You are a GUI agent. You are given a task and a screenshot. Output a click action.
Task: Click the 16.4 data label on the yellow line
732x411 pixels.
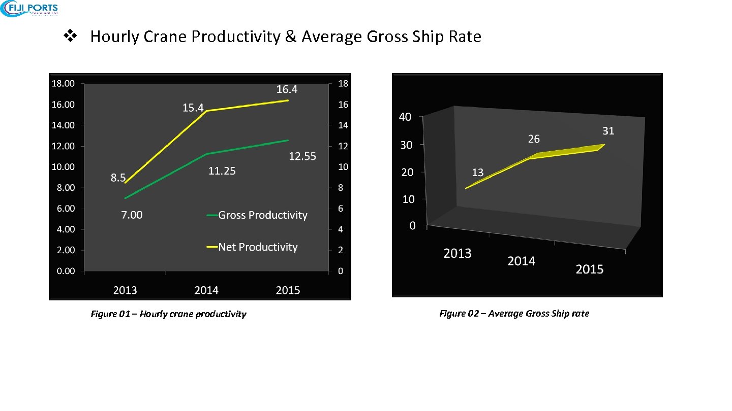[x=287, y=90]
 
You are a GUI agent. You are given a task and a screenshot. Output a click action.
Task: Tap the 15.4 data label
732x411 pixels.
[x=193, y=108]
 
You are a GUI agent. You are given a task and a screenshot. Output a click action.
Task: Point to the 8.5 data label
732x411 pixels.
[x=118, y=178]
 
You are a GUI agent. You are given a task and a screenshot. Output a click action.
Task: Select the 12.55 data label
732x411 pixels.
[x=302, y=157]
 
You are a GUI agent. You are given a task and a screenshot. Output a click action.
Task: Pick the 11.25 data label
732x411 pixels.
[x=222, y=172]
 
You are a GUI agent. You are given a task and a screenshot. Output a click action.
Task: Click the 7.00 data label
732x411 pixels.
[x=132, y=215]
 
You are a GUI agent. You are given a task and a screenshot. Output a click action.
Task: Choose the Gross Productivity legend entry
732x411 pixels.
[x=262, y=216]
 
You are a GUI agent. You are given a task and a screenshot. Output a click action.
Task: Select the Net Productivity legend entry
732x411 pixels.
[x=257, y=248]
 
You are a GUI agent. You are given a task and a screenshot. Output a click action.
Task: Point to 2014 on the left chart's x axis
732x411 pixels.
[x=206, y=291]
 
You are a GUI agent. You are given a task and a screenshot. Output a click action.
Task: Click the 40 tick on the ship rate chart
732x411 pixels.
[x=405, y=117]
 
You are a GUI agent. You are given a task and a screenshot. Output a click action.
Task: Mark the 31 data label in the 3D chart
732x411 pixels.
[x=608, y=131]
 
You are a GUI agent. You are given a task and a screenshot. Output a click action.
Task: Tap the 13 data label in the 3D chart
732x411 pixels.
[x=477, y=173]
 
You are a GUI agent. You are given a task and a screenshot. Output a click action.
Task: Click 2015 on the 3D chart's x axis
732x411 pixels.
[x=590, y=269]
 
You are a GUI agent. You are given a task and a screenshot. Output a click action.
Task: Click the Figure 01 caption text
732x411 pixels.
[x=168, y=314]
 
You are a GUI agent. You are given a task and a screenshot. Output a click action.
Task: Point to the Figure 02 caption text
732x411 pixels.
[x=514, y=314]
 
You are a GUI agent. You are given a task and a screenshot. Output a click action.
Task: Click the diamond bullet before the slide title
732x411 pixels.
[x=69, y=37]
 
